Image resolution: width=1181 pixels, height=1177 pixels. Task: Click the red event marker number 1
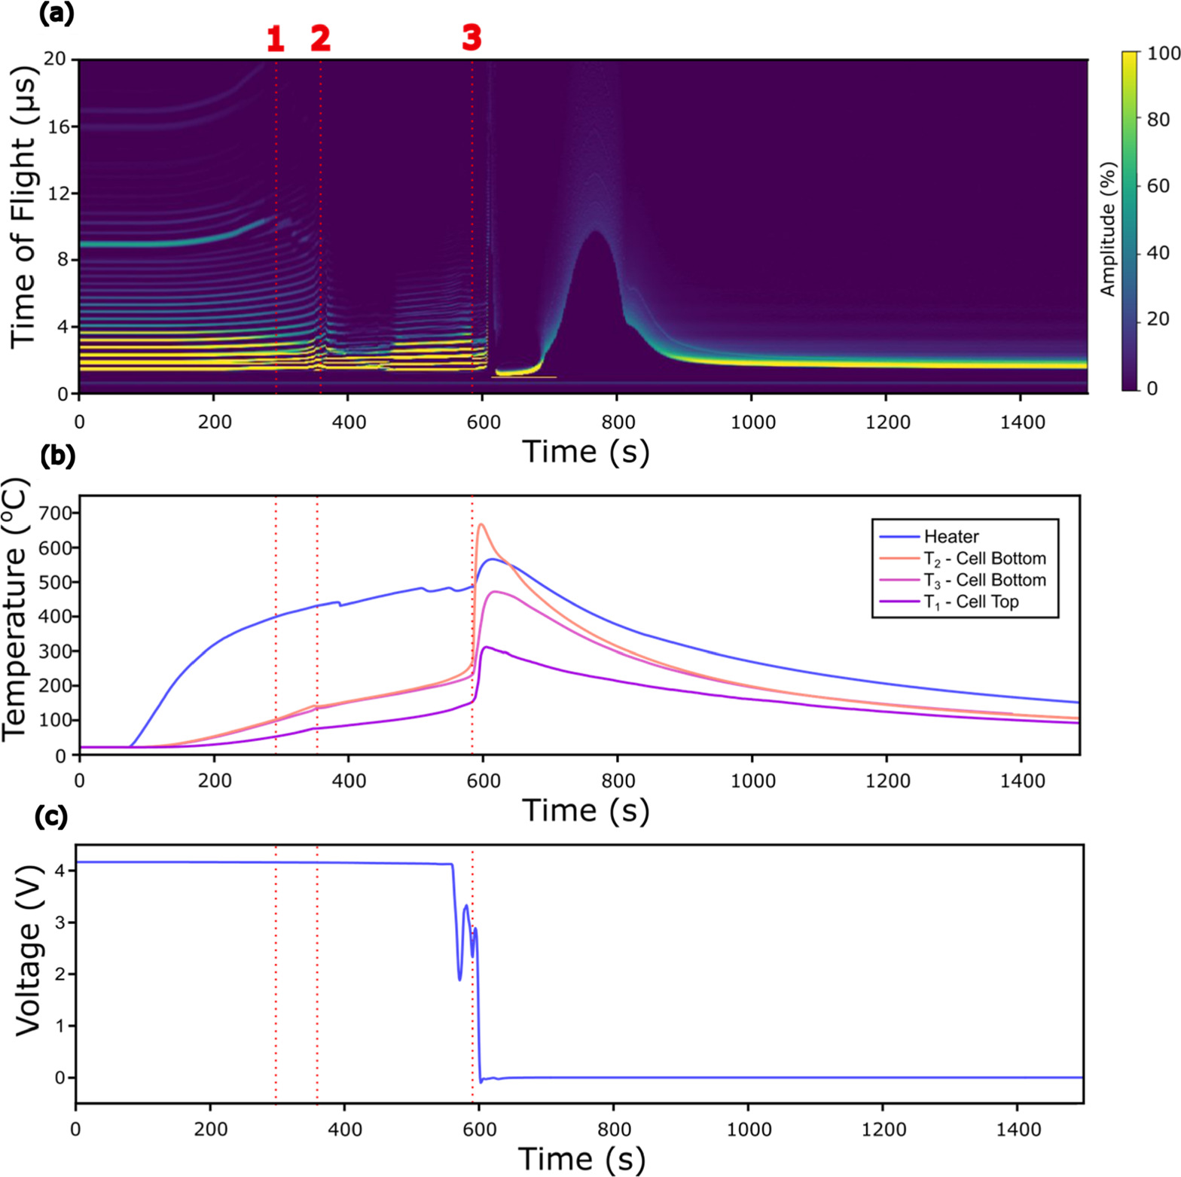pyautogui.click(x=276, y=38)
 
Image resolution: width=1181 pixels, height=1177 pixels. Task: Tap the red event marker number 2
pyautogui.click(x=321, y=38)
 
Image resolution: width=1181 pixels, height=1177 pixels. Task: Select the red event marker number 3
pyautogui.click(x=471, y=37)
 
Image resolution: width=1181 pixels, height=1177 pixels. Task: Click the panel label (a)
pyautogui.click(x=56, y=14)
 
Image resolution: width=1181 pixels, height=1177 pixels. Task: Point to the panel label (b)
pyautogui.click(x=56, y=456)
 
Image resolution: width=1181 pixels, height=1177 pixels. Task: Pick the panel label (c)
pyautogui.click(x=51, y=816)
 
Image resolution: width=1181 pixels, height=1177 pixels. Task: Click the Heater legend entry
pyautogui.click(x=951, y=537)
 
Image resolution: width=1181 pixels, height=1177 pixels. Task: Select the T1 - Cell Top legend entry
pyautogui.click(x=971, y=602)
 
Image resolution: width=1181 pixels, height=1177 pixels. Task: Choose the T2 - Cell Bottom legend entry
pyautogui.click(x=984, y=559)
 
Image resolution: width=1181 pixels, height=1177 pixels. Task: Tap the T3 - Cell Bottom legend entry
pyautogui.click(x=984, y=581)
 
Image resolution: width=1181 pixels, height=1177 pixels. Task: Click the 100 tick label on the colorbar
pyautogui.click(x=1162, y=53)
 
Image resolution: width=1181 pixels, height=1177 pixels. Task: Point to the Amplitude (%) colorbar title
pyautogui.click(x=1107, y=229)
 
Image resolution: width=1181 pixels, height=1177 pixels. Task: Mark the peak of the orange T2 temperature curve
pyautogui.click(x=481, y=524)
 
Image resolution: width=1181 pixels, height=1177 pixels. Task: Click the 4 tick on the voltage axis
pyautogui.click(x=60, y=871)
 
